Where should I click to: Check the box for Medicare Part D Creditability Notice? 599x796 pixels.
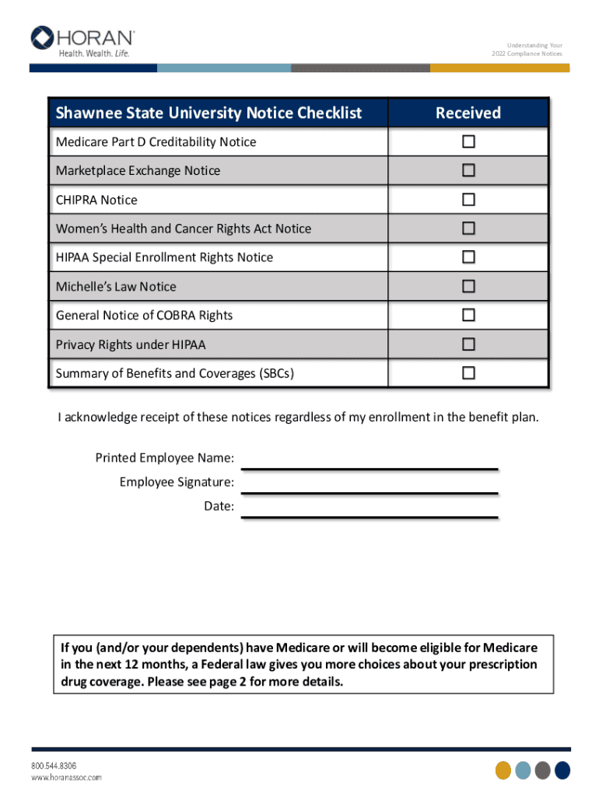click(x=468, y=142)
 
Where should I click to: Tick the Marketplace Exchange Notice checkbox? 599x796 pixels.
click(x=468, y=171)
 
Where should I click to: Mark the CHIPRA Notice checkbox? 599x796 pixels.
click(x=468, y=200)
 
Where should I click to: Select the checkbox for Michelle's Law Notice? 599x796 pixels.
click(x=468, y=287)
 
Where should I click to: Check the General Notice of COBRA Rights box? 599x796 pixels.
click(x=468, y=316)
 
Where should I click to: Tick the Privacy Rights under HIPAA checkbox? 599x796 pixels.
click(x=468, y=344)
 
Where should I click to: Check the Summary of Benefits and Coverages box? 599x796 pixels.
click(x=468, y=373)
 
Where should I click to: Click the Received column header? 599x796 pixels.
click(x=468, y=113)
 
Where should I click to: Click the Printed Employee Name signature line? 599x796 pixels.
click(x=370, y=464)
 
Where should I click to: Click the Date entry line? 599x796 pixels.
click(x=370, y=513)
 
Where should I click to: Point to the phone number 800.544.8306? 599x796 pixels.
click(x=54, y=766)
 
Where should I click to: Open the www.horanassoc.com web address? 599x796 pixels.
click(x=66, y=777)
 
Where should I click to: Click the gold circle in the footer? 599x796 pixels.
click(x=503, y=770)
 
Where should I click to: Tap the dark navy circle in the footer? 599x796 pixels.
click(x=562, y=770)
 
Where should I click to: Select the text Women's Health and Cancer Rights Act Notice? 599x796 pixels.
click(x=183, y=229)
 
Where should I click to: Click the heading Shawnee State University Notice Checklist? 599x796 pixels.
click(x=208, y=113)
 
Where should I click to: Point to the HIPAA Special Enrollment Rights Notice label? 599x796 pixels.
click(x=164, y=257)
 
